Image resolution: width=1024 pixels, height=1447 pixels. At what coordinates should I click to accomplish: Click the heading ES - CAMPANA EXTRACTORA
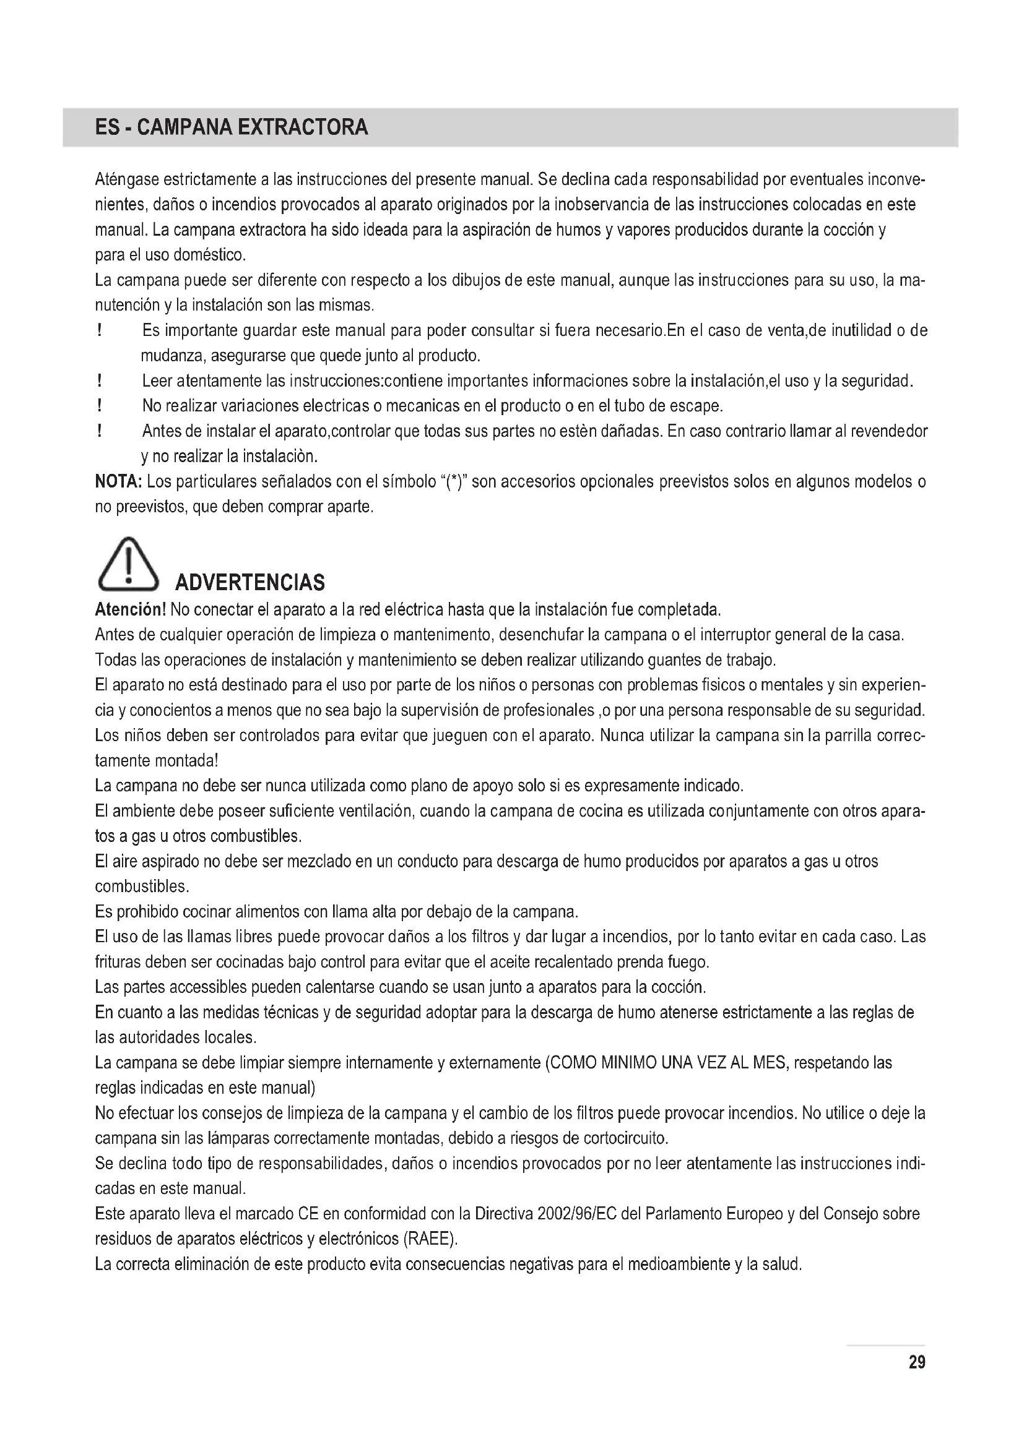pyautogui.click(x=231, y=128)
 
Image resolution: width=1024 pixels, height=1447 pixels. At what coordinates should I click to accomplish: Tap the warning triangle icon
pyautogui.click(x=128, y=565)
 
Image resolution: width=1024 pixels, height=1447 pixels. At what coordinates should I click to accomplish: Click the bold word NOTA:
pyautogui.click(x=118, y=482)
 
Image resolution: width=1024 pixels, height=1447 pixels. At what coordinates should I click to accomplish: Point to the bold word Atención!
pyautogui.click(x=131, y=610)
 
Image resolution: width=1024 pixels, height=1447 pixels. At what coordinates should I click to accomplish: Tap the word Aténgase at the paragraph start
pyautogui.click(x=126, y=180)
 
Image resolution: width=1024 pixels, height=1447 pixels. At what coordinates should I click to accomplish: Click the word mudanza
pyautogui.click(x=172, y=357)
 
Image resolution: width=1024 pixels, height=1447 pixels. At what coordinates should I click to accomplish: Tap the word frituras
pyautogui.click(x=118, y=962)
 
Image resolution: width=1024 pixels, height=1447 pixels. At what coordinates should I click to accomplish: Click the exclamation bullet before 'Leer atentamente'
pyautogui.click(x=100, y=381)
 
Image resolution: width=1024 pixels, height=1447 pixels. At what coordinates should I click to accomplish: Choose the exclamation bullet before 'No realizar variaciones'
pyautogui.click(x=100, y=406)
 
